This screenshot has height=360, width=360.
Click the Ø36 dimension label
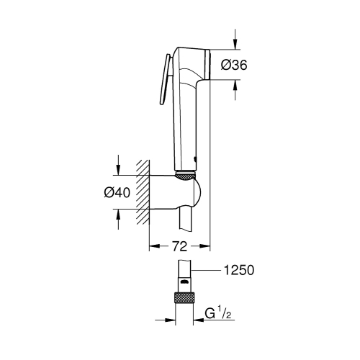(x=235, y=65)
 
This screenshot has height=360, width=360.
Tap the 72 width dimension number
(x=179, y=246)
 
